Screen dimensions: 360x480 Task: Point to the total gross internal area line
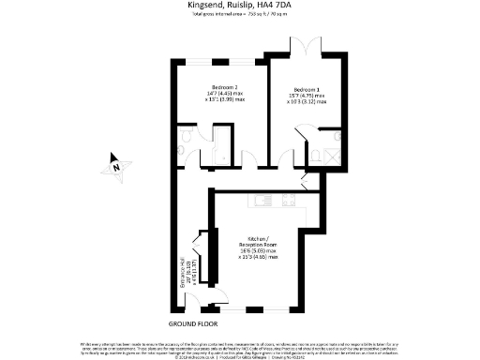pyautogui.click(x=240, y=16)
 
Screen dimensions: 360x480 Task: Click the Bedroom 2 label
pyautogui.click(x=212, y=87)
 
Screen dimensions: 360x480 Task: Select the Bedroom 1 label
pyautogui.click(x=307, y=87)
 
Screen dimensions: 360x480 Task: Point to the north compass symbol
pyautogui.click(x=116, y=166)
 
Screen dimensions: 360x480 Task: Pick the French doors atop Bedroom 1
pyautogui.click(x=307, y=47)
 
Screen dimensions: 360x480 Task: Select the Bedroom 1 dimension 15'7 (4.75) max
pyautogui.click(x=307, y=95)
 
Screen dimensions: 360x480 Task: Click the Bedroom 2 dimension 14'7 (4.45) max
pyautogui.click(x=212, y=95)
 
